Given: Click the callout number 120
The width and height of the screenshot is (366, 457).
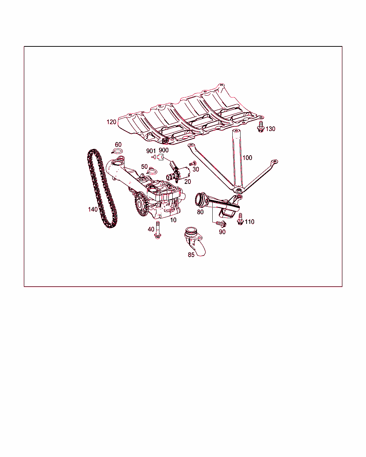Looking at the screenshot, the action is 111,122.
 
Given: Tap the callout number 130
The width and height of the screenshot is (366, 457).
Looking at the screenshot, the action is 270,129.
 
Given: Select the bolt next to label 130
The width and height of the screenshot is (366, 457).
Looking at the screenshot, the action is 261,126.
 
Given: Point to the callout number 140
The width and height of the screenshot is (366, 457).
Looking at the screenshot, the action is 93,209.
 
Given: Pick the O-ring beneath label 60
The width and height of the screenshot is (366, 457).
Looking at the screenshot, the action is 117,151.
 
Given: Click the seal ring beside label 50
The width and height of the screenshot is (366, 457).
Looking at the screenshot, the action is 152,171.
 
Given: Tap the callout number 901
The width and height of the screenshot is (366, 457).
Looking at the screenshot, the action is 151,151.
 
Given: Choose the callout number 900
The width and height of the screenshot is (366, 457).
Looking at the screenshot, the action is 164,150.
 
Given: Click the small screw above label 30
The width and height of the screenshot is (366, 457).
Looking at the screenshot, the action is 193,164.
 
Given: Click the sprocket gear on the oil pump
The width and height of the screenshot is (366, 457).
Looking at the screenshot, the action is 141,204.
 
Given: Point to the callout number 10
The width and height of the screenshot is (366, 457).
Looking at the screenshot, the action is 173,220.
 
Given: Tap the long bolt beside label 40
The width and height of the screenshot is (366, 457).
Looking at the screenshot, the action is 158,230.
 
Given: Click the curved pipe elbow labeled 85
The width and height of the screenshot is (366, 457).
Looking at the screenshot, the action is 194,241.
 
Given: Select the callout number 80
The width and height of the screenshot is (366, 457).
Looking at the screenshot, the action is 200,212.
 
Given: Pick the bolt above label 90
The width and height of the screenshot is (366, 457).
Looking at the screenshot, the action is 221,224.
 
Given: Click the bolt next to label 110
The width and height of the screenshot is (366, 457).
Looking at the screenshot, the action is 240,219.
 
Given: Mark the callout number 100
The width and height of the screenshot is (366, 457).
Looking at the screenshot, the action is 247,157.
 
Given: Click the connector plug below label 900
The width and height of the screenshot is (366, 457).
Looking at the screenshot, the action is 160,157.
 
